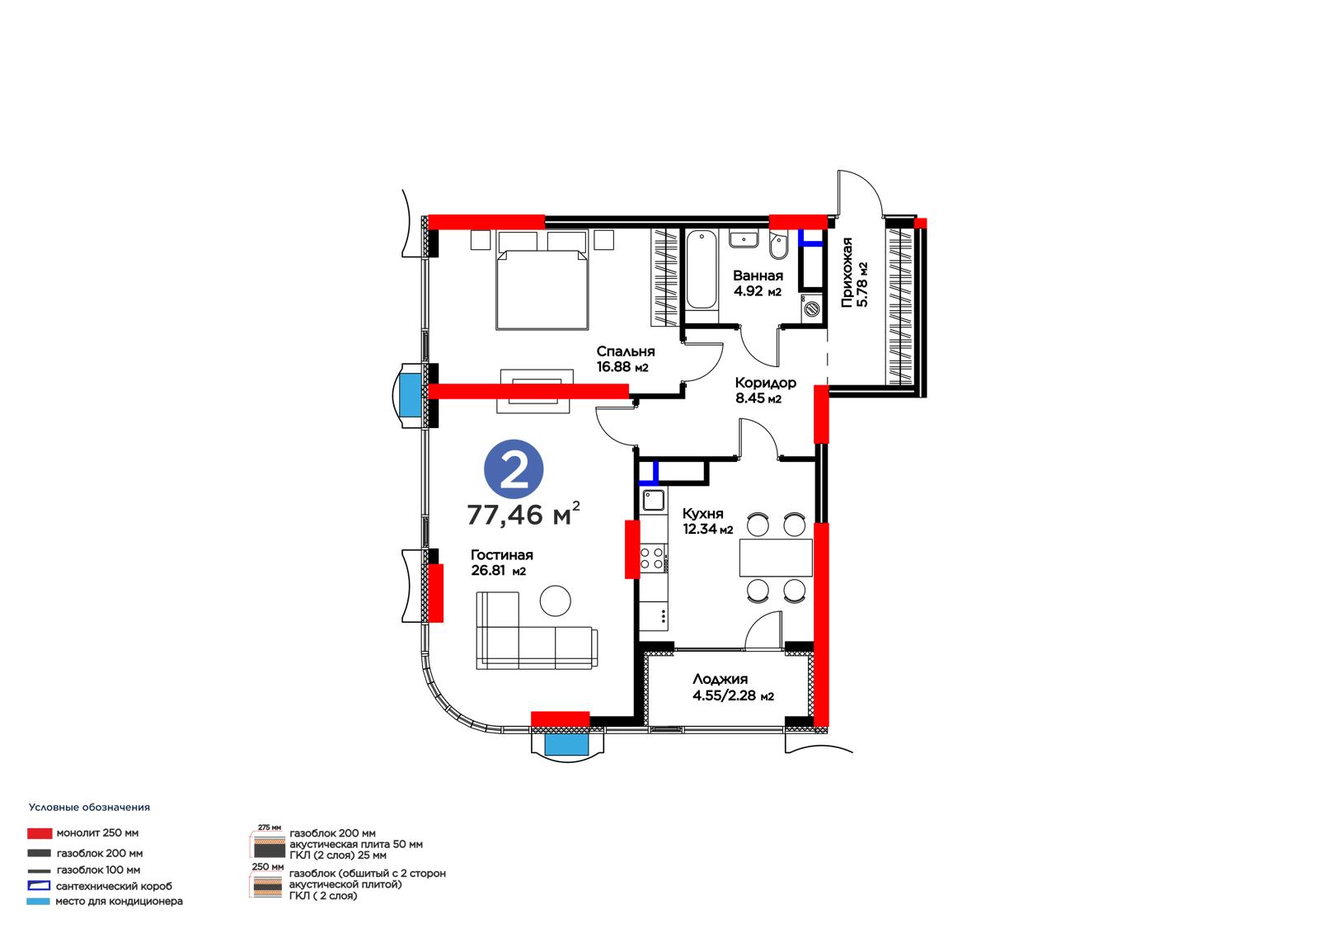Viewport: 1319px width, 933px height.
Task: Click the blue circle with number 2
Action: (x=514, y=469)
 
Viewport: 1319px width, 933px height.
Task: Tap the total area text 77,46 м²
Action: (x=523, y=514)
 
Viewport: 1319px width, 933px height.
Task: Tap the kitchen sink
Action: (x=653, y=500)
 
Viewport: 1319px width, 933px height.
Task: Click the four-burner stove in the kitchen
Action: (x=654, y=558)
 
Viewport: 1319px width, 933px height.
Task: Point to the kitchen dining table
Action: (x=776, y=558)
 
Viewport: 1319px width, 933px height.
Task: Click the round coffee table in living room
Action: (x=556, y=601)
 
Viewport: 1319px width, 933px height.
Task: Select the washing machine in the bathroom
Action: (x=811, y=308)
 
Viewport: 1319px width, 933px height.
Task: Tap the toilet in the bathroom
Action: (x=778, y=247)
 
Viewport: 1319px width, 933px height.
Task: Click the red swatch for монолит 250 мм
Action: (x=40, y=833)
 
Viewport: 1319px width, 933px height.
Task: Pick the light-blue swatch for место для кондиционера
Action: (x=38, y=901)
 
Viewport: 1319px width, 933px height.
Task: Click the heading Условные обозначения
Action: (x=90, y=808)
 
